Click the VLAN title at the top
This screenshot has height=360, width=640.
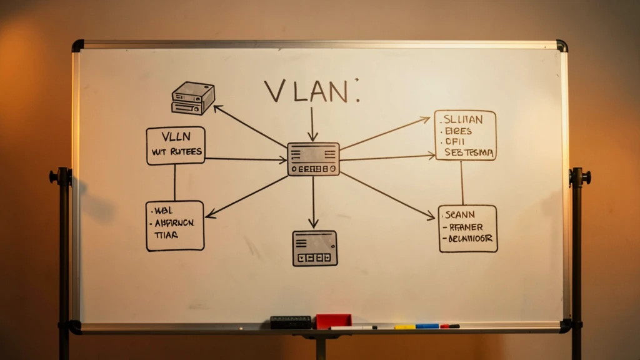(x=306, y=91)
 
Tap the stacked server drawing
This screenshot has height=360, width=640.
(x=193, y=98)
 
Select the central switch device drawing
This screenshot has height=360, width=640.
(x=313, y=159)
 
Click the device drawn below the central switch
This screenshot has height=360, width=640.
(x=314, y=248)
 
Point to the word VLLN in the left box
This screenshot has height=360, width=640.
(x=176, y=137)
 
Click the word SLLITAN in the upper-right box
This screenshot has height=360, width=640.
(x=462, y=119)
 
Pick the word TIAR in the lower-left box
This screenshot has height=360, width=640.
(x=166, y=235)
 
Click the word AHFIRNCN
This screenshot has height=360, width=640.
(x=174, y=222)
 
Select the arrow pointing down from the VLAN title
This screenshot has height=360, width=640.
(x=312, y=124)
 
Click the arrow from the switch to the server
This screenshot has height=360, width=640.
(x=250, y=126)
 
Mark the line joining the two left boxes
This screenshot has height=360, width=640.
(x=174, y=182)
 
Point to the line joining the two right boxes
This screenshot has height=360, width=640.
(x=462, y=182)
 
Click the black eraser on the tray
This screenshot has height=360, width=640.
(x=291, y=322)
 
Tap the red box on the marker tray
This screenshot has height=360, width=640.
(x=333, y=321)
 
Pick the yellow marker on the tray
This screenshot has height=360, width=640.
(x=405, y=326)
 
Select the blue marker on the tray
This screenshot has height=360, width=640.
(x=427, y=326)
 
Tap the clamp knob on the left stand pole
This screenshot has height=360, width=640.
(x=54, y=177)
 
